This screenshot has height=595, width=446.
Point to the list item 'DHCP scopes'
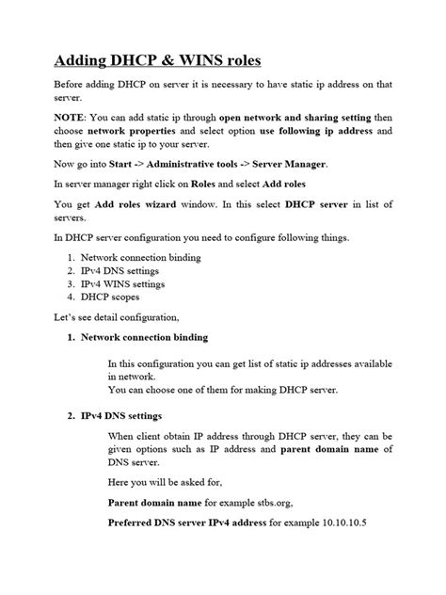tap(111, 295)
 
